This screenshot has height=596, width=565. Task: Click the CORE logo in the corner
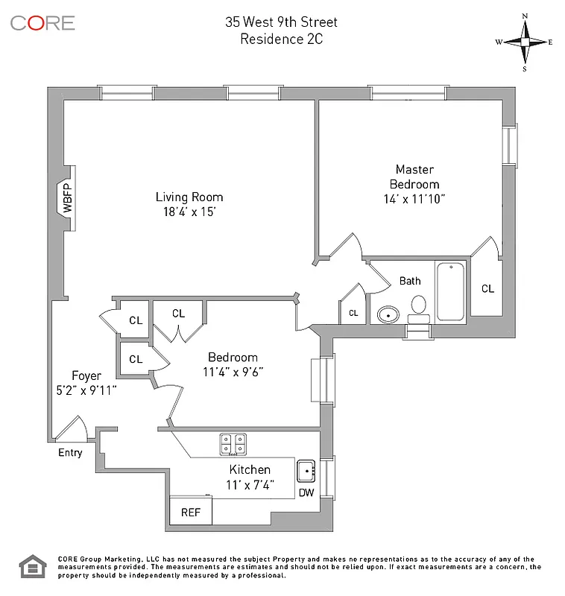click(x=42, y=22)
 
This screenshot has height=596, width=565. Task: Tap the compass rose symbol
click(x=525, y=42)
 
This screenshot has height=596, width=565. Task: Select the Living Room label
click(x=189, y=197)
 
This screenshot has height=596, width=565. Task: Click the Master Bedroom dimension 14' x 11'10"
click(x=414, y=199)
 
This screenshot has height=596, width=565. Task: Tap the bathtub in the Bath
click(x=450, y=291)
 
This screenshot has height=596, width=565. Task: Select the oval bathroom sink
click(x=388, y=315)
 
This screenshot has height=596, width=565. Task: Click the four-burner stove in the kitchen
click(x=233, y=444)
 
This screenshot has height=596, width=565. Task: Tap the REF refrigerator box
click(x=191, y=512)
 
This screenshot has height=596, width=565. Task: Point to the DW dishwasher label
click(x=306, y=492)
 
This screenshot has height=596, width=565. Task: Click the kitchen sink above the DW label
click(x=306, y=471)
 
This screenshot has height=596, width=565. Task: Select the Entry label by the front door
click(x=70, y=452)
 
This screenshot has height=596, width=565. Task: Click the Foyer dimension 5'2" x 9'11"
click(x=83, y=389)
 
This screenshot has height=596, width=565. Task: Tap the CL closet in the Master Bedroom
click(x=487, y=288)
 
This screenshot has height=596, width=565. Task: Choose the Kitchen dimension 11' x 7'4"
click(x=250, y=484)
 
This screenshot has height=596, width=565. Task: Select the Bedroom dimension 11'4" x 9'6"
click(x=233, y=371)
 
